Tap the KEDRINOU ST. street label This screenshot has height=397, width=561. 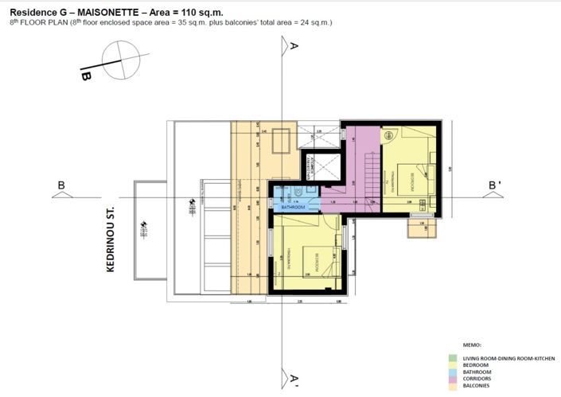111,237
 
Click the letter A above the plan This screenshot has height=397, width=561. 294,46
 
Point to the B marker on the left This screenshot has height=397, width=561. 60,186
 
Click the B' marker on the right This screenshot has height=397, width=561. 494,186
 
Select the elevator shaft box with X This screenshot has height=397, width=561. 325,165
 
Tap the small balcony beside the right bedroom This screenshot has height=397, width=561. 423,228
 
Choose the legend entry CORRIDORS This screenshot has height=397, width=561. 478,379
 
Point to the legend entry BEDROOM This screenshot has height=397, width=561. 477,365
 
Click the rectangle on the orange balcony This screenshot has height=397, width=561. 279,142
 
